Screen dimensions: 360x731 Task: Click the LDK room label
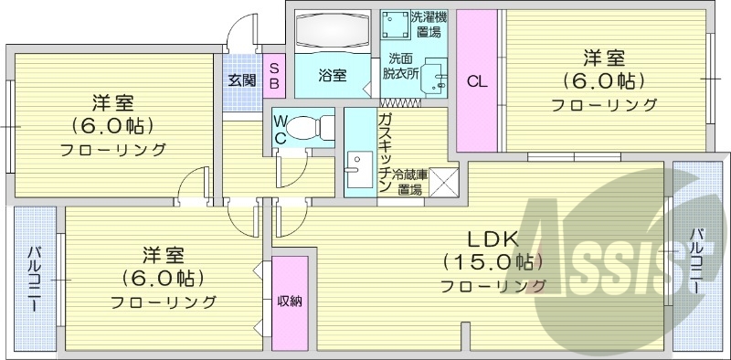(x=493, y=239)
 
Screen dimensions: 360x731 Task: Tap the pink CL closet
(x=477, y=81)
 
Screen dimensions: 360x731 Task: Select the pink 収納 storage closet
(x=290, y=302)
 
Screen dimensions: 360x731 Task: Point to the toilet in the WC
(x=311, y=127)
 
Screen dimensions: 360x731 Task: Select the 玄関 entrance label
(x=241, y=79)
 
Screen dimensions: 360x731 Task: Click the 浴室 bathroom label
(x=332, y=75)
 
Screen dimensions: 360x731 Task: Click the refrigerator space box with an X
(x=445, y=184)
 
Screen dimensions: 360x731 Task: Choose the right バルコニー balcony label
(x=696, y=260)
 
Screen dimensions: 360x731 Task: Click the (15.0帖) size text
(x=493, y=262)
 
